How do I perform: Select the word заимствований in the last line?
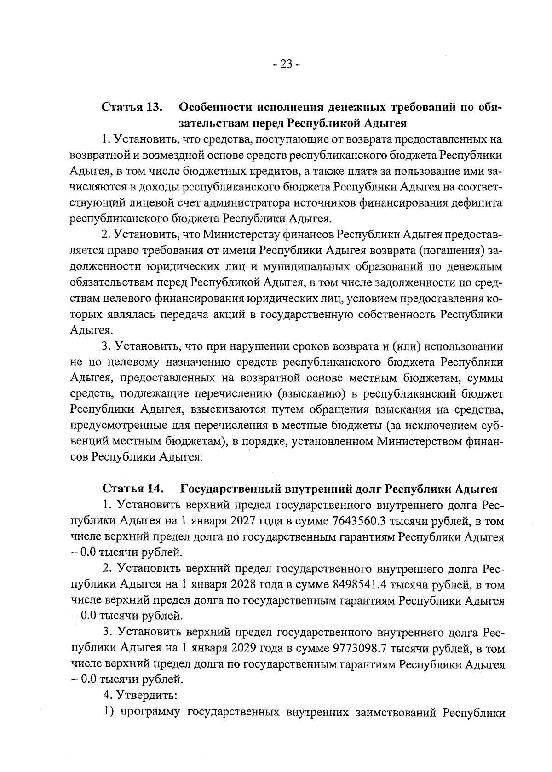point(396,712)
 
